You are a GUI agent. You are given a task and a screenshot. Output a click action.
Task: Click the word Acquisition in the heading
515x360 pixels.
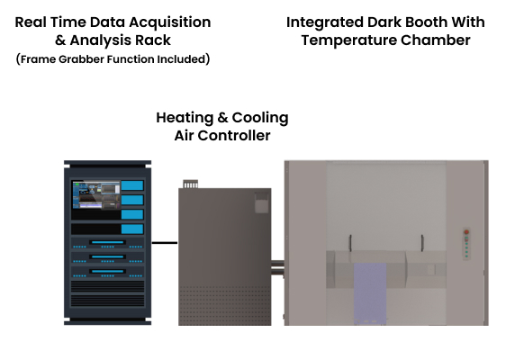[x=169, y=22]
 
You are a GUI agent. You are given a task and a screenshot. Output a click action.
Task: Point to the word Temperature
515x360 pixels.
[x=348, y=40]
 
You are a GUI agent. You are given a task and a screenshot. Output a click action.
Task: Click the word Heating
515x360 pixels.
[x=185, y=118]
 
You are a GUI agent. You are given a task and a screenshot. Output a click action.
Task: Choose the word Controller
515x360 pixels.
[x=234, y=136]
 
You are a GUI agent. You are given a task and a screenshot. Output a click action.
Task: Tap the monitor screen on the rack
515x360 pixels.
[x=96, y=194]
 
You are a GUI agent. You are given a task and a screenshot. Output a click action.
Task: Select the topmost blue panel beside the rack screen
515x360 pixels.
[x=132, y=185]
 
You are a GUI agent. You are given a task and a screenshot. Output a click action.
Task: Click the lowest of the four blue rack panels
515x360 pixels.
[x=132, y=229]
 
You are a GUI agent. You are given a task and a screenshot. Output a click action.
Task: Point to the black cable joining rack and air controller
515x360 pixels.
[x=165, y=243]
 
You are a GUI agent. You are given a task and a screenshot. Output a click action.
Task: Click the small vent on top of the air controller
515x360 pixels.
[x=191, y=184]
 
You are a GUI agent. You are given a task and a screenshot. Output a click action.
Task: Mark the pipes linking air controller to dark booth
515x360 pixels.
[x=277, y=267]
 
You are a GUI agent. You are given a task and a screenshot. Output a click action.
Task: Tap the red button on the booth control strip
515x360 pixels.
[x=466, y=232]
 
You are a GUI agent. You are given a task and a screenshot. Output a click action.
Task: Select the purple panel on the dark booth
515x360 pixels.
[x=370, y=292]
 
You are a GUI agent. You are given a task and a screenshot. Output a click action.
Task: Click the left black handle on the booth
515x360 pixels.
[x=350, y=243]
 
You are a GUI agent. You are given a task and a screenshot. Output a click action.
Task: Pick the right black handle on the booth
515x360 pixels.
[x=422, y=243]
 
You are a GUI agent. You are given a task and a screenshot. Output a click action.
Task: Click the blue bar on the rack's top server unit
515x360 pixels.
[x=107, y=242]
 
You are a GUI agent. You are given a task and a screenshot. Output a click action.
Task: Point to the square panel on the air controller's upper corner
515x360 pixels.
[x=261, y=202]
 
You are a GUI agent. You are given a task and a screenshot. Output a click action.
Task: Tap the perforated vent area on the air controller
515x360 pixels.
[x=225, y=305]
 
